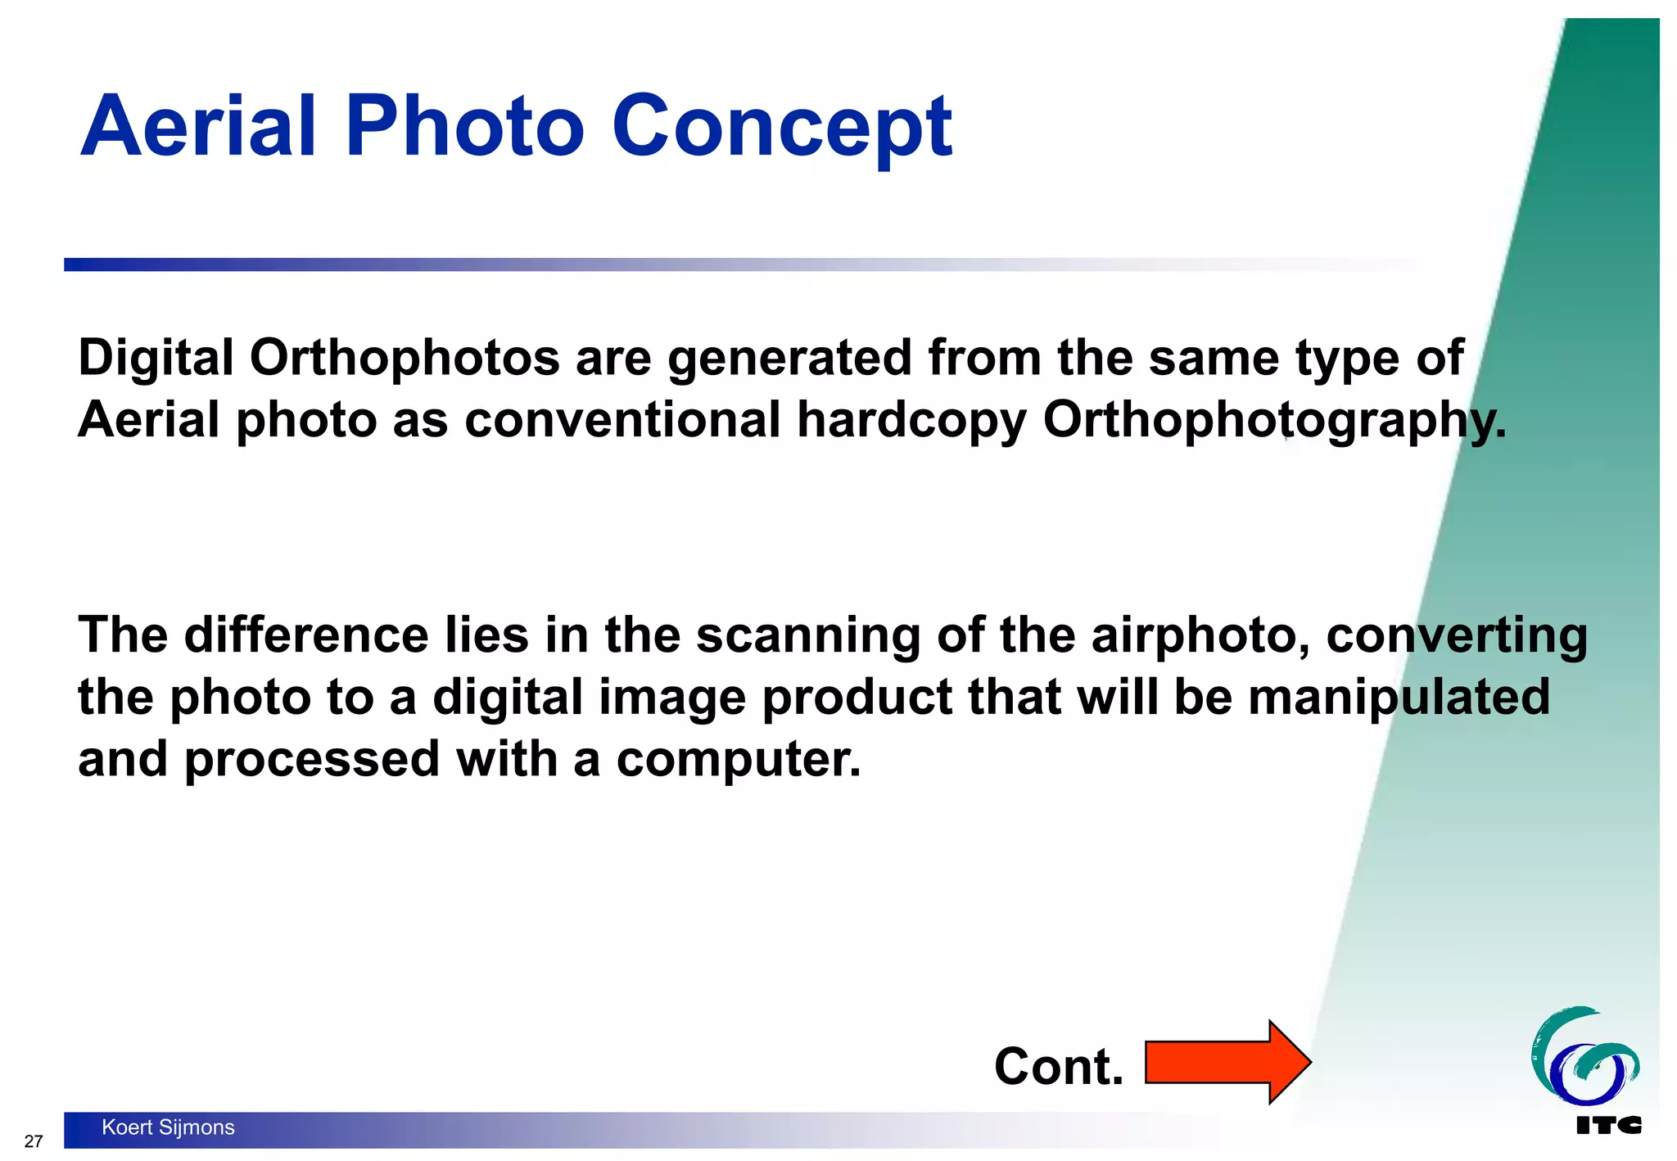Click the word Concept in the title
(782, 126)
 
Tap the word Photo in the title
(464, 126)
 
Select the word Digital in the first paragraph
(156, 359)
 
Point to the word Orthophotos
(405, 359)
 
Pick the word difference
(306, 635)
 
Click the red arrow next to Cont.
(1227, 1063)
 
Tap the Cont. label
(1058, 1067)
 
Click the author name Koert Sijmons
(168, 1127)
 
